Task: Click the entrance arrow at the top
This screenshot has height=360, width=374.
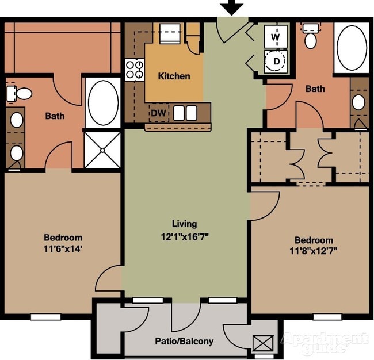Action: [x=231, y=7]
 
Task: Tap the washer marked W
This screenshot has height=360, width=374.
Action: [x=276, y=36]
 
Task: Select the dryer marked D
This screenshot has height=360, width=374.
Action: [x=276, y=62]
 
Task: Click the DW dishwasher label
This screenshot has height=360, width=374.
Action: [x=158, y=113]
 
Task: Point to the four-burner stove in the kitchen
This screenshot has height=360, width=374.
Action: [x=135, y=70]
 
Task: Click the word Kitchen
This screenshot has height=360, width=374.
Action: [x=174, y=76]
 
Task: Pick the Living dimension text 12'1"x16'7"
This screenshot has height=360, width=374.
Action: [x=185, y=237]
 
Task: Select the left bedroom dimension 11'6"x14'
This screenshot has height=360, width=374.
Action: [x=63, y=249]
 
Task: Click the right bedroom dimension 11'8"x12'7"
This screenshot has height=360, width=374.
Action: [x=314, y=251]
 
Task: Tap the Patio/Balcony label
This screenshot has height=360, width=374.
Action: [x=184, y=341]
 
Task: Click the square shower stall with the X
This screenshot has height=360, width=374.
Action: [x=102, y=150]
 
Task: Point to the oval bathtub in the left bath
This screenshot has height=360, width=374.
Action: [x=103, y=103]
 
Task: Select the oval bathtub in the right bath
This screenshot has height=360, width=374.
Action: [x=352, y=48]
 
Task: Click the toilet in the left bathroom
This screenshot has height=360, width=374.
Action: [x=19, y=94]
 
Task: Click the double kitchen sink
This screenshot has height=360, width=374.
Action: [x=185, y=113]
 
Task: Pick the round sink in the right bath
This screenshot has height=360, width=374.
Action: [x=358, y=102]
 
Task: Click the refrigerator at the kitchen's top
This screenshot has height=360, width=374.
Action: [x=170, y=33]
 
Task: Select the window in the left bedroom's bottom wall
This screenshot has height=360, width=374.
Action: [x=46, y=317]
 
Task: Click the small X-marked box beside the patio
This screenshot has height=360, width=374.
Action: [x=263, y=343]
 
